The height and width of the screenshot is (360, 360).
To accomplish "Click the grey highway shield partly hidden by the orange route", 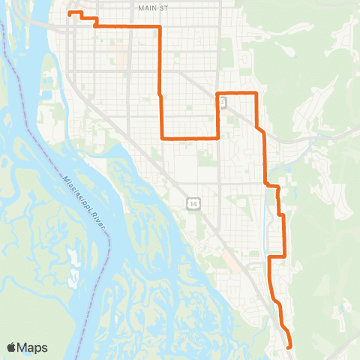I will pyautogui.click(x=223, y=103).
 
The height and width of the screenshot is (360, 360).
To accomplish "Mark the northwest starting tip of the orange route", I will pyautogui.click(x=69, y=13).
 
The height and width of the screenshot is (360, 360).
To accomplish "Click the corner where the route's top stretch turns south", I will pyautogui.click(x=160, y=26).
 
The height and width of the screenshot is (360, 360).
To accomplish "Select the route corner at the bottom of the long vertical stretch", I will pyautogui.click(x=162, y=138).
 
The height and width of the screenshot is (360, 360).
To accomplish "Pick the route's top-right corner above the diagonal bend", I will pyautogui.click(x=257, y=92).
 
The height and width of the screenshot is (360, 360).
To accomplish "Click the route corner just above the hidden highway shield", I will pyautogui.click(x=217, y=92).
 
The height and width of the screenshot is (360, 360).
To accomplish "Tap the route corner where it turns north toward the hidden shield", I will pyautogui.click(x=217, y=138).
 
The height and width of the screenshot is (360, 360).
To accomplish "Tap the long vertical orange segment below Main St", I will pyautogui.click(x=160, y=75).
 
